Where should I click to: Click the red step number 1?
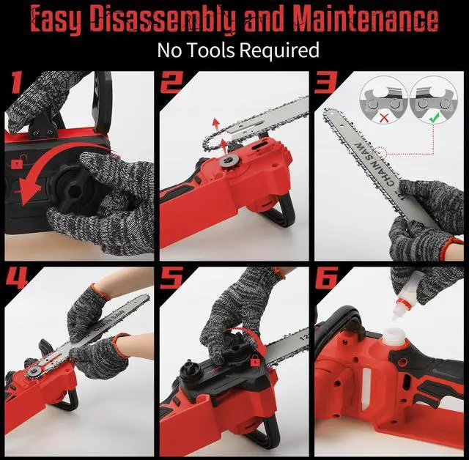17,81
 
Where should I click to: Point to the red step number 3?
325,82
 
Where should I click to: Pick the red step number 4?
17,278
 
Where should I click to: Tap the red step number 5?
171,278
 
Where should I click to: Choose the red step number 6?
326,278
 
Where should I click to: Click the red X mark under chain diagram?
384,118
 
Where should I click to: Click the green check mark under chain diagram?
434,117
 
